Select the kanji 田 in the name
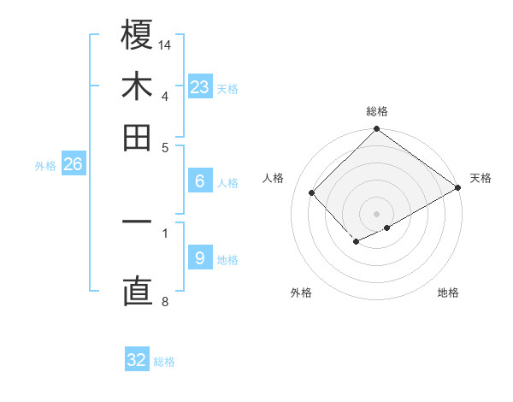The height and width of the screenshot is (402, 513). (x=137, y=137)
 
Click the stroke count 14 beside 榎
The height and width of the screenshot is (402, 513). (x=165, y=44)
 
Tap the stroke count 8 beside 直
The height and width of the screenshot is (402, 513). (x=165, y=300)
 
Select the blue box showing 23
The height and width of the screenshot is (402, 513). (x=199, y=87)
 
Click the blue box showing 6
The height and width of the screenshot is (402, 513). (x=199, y=181)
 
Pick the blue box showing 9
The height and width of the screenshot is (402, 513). (x=199, y=258)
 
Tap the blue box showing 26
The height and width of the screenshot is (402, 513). (x=73, y=165)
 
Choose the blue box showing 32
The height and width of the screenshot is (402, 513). (x=137, y=360)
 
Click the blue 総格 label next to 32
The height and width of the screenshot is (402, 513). (x=164, y=362)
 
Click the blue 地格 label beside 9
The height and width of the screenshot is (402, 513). (x=227, y=260)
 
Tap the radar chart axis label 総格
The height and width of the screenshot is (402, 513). (x=377, y=111)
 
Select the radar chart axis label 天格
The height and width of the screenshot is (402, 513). (x=481, y=178)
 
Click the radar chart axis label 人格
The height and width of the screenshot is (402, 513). (x=274, y=178)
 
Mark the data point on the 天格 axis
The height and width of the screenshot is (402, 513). (x=457, y=188)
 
